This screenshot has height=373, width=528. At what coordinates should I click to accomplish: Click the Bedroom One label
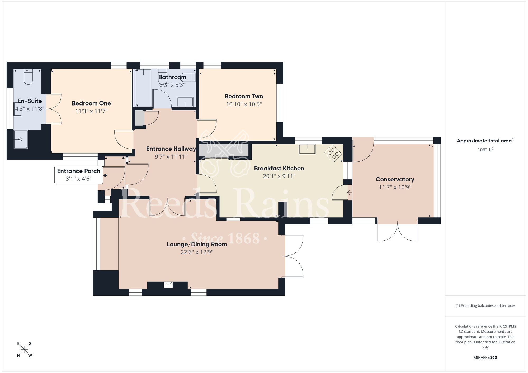point(91,103)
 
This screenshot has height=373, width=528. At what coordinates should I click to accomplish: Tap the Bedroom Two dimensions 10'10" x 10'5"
point(244,104)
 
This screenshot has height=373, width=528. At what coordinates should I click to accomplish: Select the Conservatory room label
point(395,179)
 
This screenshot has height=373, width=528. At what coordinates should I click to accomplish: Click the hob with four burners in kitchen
point(333,153)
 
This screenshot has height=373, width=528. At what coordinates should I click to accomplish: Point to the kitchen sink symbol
point(307,149)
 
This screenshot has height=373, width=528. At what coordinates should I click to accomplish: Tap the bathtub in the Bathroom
point(143,88)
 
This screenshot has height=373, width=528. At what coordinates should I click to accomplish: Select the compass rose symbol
point(24,350)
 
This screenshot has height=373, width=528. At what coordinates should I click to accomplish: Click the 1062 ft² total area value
point(485,150)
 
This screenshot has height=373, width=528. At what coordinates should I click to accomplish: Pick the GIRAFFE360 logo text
point(485,358)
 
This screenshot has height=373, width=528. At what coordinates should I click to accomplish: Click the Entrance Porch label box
point(78,175)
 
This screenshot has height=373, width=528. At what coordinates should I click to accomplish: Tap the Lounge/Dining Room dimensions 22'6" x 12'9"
point(197,252)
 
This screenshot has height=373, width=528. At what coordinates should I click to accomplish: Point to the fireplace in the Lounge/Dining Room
point(168,285)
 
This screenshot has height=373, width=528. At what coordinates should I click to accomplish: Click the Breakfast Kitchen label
point(279,168)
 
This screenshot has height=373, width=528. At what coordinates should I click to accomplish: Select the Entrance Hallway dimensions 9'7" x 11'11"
point(171,157)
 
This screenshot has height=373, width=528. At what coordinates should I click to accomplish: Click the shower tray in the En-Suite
point(21,139)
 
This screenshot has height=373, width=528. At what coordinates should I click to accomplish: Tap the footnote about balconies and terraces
point(485,306)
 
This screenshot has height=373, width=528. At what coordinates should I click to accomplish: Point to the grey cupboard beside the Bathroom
point(140,118)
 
